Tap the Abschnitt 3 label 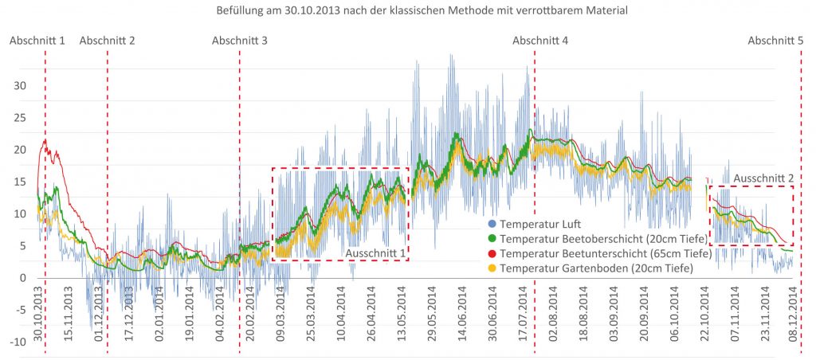click(x=239, y=41)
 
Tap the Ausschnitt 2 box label click(x=763, y=178)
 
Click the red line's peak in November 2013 click(x=46, y=141)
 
